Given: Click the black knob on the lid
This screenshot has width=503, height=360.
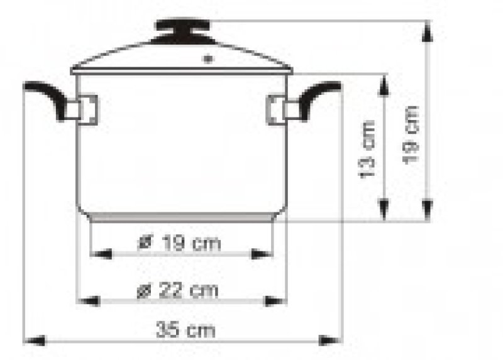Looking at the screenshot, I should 181,26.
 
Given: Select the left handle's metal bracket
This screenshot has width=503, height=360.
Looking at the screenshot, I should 86,108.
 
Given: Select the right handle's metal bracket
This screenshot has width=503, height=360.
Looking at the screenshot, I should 278,108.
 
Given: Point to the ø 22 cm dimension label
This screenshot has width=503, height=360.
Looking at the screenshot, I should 177,290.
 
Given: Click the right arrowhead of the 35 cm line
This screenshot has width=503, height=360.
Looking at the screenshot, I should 331,341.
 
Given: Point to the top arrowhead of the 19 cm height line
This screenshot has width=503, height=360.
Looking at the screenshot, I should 428,29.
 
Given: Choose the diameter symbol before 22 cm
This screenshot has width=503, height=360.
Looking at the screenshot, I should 143,291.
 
